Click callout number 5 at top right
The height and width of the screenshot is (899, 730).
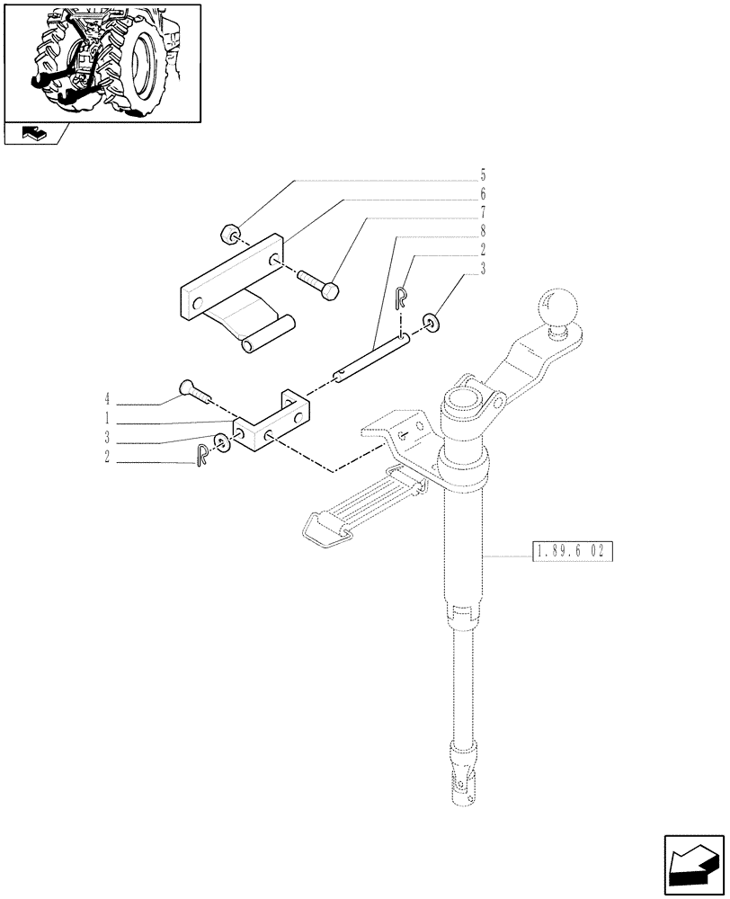tap(483, 174)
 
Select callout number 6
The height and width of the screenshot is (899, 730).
tap(483, 194)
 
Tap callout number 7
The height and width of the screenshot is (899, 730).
tap(483, 213)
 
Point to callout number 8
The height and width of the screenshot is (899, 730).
tap(483, 232)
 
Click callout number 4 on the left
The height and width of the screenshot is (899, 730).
tap(107, 397)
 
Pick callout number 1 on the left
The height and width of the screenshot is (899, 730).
tap(107, 418)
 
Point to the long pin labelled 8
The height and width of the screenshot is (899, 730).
tap(373, 356)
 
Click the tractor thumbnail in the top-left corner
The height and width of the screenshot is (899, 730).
tap(102, 62)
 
